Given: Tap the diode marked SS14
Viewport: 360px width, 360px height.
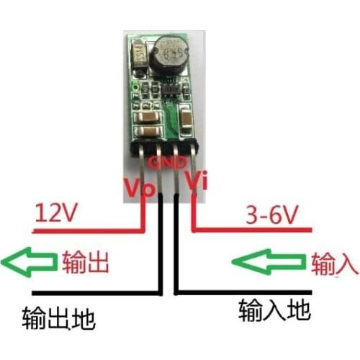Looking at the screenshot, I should [137, 53].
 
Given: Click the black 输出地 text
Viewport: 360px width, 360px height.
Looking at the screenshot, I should [59, 317].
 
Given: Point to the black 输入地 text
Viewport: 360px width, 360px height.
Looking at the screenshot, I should [274, 310].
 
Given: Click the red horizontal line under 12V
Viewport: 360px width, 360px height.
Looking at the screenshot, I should [86, 231].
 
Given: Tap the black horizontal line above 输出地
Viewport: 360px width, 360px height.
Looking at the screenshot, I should [94, 293].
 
